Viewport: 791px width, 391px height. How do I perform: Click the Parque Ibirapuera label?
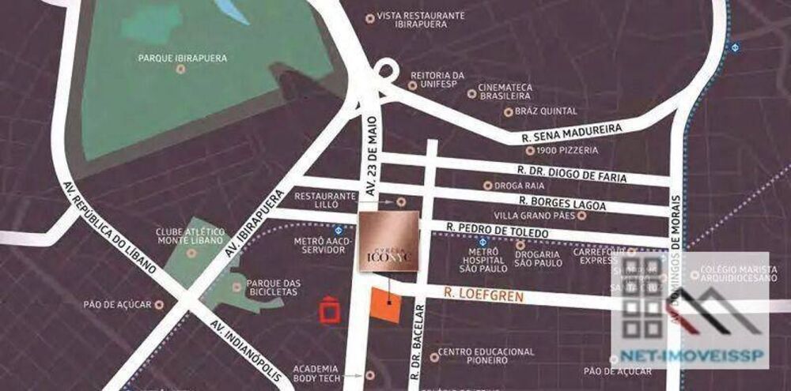coord(182,58)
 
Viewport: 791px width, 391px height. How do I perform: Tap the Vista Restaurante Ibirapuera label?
coord(420,20)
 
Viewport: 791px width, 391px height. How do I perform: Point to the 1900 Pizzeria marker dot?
coord(528,150)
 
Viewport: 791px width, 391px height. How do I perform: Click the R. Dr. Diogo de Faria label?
coord(572,175)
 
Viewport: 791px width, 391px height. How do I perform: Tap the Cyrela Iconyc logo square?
coord(390,243)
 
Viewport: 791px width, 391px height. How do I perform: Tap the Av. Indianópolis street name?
coord(246,352)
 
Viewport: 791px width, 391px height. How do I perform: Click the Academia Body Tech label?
coord(316,374)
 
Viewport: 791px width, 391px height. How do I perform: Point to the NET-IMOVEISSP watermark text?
coord(691,355)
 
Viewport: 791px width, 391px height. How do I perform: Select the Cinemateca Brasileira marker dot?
coord(472,93)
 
